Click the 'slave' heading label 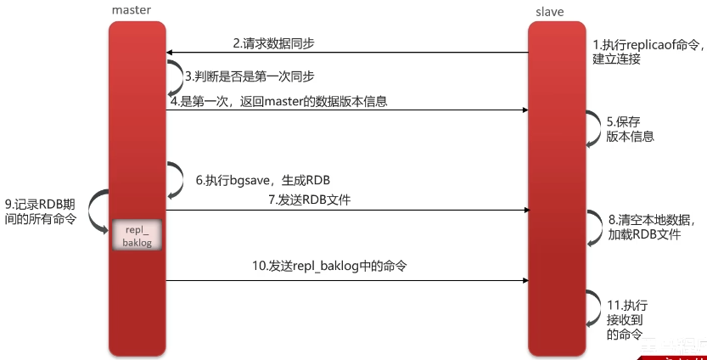coord(550,11)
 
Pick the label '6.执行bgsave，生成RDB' coord(263,180)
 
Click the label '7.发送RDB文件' coord(309,200)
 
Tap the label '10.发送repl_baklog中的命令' coord(329,266)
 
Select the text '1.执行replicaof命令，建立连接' coord(645,52)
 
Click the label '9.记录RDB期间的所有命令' coord(40,211)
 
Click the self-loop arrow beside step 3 coord(176,75)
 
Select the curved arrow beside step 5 coord(591,128)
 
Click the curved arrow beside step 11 coord(591,310)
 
